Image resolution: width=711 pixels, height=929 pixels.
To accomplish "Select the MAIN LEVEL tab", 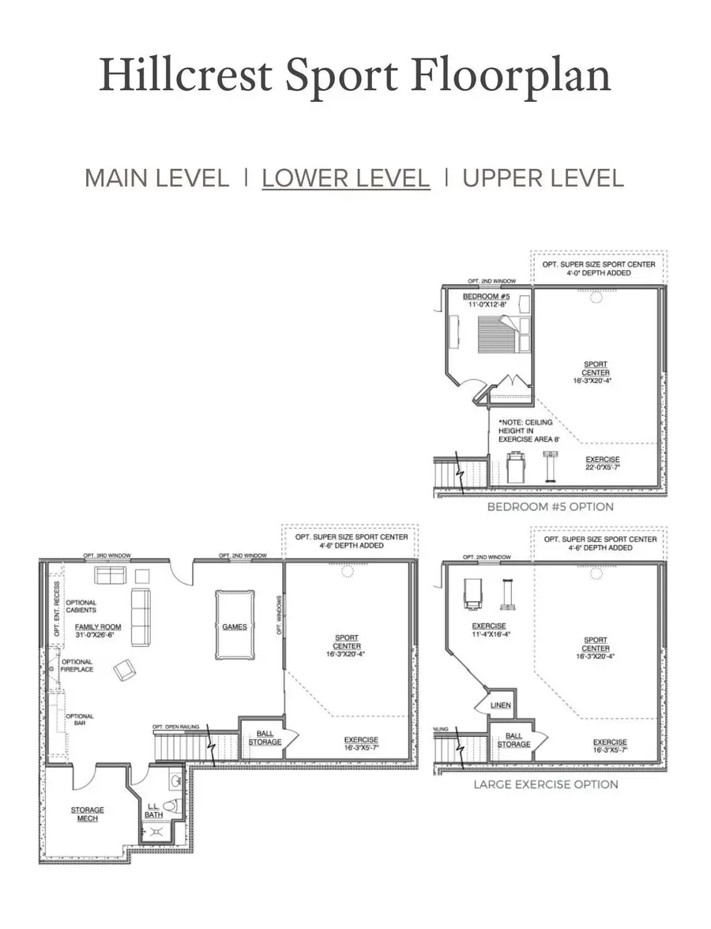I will coord(156,178).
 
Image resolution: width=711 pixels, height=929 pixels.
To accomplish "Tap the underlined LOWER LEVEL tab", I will coord(346,178).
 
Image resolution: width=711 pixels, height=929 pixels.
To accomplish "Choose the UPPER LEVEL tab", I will coord(543,178).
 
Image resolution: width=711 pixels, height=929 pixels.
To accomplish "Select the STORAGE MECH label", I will coord(87,814).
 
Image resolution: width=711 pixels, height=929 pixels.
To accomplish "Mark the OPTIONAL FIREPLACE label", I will coord(77,665).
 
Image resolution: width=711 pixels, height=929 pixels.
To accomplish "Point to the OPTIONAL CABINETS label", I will coord(81,606).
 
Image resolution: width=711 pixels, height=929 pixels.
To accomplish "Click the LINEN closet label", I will coord(500,705).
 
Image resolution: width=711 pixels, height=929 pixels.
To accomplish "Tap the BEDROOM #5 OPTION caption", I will coord(550,506).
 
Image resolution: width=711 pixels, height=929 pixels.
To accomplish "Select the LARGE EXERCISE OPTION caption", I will coord(545,784).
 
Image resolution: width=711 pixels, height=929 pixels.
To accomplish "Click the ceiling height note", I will coord(525,431).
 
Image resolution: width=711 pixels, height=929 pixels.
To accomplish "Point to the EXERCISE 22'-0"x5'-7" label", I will coord(603,463).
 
